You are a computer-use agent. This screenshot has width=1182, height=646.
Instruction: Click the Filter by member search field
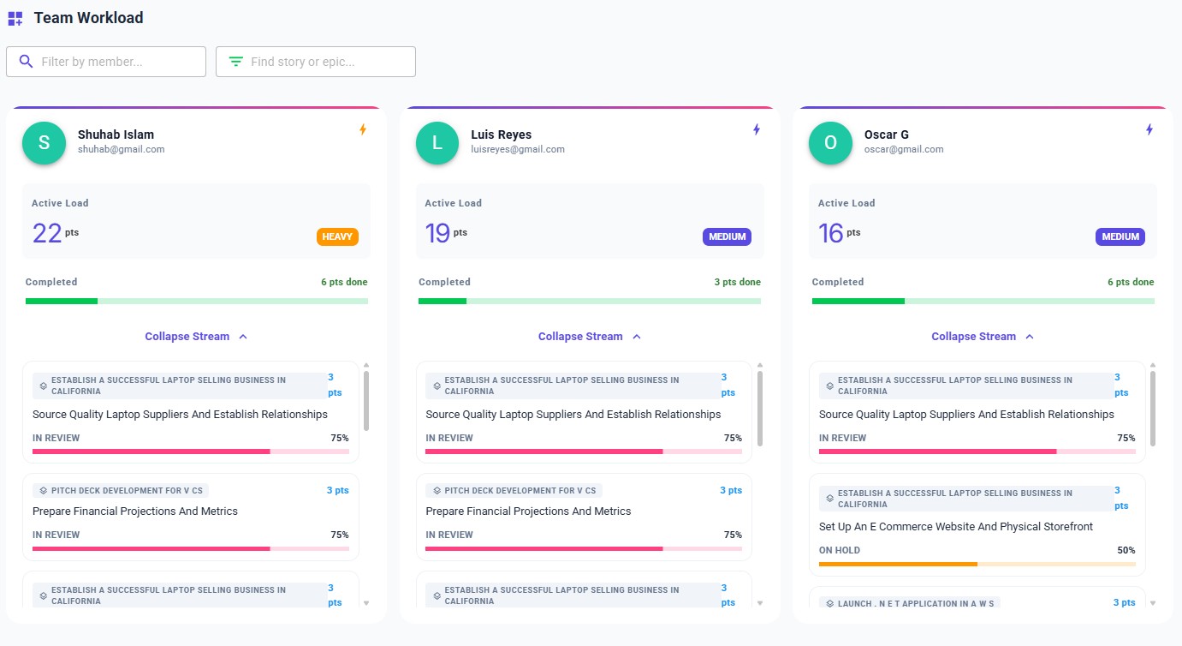click(x=106, y=62)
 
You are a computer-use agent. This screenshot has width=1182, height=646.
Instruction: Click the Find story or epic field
click(x=316, y=62)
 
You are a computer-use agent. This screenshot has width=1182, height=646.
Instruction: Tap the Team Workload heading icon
click(x=15, y=18)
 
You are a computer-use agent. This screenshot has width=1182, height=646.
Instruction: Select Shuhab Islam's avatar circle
click(x=44, y=143)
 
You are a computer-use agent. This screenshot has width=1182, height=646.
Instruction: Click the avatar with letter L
click(x=437, y=143)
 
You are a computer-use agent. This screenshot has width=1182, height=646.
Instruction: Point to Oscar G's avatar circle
click(x=830, y=143)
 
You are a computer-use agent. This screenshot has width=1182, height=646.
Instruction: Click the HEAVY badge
click(x=337, y=236)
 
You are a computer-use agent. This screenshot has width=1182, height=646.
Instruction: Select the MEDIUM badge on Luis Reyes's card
click(x=727, y=236)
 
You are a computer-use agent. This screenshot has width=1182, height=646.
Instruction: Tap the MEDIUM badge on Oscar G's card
click(x=1120, y=236)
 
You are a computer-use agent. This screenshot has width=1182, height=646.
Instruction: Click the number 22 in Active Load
click(x=47, y=233)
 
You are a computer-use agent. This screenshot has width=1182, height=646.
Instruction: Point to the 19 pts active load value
click(x=438, y=233)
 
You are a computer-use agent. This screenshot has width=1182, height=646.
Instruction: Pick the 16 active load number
click(x=831, y=233)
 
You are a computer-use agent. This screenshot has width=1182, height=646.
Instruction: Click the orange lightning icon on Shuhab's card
click(x=363, y=129)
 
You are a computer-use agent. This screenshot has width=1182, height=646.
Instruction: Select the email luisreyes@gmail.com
click(x=518, y=149)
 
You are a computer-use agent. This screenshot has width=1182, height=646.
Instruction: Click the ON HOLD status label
click(x=840, y=550)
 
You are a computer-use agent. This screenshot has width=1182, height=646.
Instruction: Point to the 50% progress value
click(x=1126, y=550)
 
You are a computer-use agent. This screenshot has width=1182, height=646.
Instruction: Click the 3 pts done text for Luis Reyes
click(x=737, y=282)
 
